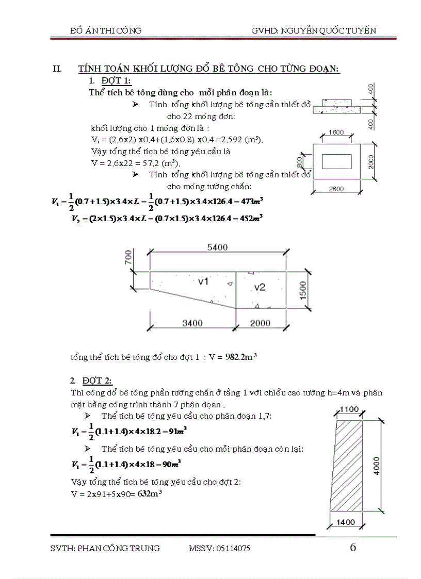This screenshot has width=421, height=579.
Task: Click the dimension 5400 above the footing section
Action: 217,248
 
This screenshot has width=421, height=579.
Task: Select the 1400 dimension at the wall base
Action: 346,522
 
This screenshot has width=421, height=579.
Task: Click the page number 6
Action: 353,547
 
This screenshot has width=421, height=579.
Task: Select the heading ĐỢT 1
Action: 116,81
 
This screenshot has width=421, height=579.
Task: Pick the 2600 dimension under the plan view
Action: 336,190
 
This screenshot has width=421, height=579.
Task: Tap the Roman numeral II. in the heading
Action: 58,69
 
